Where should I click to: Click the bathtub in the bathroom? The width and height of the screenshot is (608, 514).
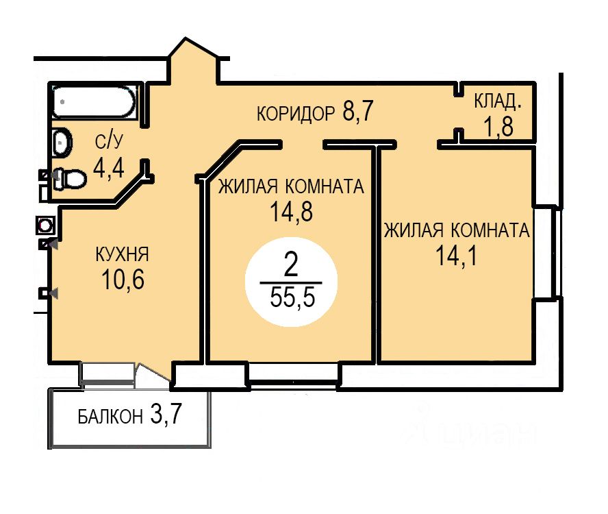pos(94,101)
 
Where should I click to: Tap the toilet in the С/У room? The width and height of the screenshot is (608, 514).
pos(69,179)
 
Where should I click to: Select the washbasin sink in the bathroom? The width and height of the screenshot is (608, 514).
pos(62,143)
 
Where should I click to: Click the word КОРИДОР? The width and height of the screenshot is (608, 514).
pos(296,113)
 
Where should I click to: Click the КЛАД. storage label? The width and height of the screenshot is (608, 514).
pos(498,102)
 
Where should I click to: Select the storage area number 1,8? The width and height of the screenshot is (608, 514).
pos(498,127)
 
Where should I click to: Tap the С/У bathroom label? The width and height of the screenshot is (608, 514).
pos(108,142)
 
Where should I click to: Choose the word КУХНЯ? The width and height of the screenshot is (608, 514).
pos(123,255)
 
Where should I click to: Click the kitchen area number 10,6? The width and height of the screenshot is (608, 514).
pos(123,280)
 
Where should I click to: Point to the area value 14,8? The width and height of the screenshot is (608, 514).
pos(290,211)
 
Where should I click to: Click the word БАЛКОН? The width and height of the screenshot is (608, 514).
pos(110,416)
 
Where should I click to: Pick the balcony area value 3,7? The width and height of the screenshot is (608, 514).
pos(166,415)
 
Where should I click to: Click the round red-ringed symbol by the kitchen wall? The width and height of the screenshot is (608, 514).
pos(46,225)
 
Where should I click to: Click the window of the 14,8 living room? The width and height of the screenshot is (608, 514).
pos(293,374)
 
